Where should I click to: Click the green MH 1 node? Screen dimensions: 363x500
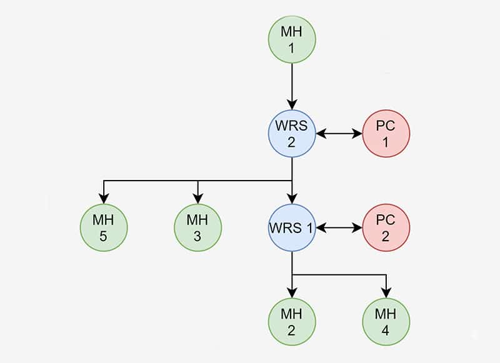292,39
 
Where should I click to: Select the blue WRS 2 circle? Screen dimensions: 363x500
292,134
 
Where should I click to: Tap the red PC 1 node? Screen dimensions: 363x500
386,134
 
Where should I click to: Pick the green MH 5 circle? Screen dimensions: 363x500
104,228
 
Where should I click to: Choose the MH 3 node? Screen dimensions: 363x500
197,228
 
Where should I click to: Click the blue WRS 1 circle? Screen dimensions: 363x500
292,228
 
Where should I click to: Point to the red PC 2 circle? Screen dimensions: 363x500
386,228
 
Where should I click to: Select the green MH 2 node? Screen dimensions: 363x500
292,322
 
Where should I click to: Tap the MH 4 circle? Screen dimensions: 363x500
386,322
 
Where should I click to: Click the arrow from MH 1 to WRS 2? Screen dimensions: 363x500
292,84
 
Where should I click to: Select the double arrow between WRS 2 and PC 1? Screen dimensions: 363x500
339,134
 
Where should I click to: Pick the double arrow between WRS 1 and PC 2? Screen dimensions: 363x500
339,228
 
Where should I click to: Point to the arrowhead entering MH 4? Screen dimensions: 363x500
386,293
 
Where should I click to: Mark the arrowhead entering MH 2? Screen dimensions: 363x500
292,293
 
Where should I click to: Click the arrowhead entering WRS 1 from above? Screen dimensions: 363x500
292,199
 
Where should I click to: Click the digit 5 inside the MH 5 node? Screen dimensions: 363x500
104,237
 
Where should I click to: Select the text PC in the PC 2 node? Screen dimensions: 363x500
386,219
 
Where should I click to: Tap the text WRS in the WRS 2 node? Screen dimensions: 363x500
292,125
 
